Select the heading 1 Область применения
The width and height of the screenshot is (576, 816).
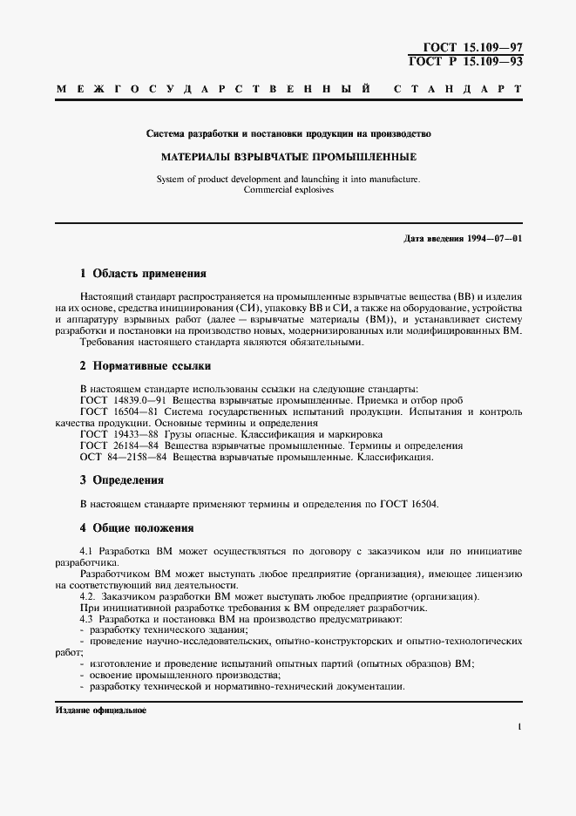(143, 273)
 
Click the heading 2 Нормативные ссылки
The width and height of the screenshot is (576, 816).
(145, 366)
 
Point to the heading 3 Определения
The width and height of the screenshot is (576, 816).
(121, 480)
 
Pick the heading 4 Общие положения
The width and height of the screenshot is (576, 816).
(136, 528)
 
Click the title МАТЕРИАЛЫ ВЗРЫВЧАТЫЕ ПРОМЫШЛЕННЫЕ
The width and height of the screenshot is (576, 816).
(288, 158)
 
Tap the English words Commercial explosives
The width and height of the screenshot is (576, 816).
(288, 189)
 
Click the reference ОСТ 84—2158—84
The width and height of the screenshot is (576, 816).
(123, 456)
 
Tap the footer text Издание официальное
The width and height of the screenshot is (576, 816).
(101, 711)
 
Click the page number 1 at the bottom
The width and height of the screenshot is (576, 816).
(519, 726)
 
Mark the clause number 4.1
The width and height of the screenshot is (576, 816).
(86, 553)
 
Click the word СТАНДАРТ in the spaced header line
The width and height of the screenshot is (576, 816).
(458, 90)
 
